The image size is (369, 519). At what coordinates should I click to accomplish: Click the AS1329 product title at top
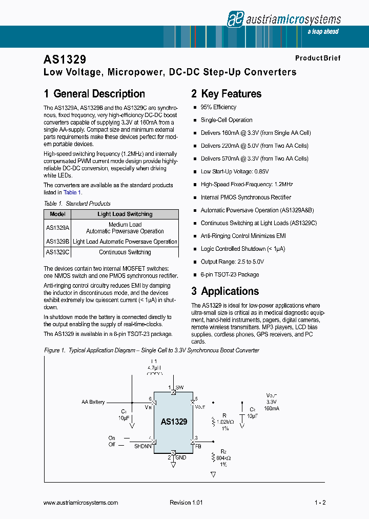point(65,59)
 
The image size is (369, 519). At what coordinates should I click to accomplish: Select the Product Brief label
point(317,58)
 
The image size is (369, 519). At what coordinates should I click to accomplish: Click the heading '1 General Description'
point(94,94)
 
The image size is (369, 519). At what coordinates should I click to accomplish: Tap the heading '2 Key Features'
point(226,94)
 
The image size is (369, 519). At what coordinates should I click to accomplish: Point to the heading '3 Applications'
point(225,291)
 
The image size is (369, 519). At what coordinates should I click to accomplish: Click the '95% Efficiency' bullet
point(218,107)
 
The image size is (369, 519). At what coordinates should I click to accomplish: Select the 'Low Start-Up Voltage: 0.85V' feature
point(234,171)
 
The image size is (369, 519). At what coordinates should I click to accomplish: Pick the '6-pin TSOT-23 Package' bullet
point(230,274)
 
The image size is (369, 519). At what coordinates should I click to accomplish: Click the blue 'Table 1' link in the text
point(72,192)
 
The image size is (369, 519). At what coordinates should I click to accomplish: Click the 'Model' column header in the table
point(58,214)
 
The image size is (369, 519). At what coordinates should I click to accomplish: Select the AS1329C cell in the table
point(58,252)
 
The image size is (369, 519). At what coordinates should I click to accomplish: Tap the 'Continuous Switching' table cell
point(125,252)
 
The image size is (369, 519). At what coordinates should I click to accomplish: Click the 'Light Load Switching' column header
point(125,214)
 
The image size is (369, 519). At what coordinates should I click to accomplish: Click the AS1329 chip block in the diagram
point(174,422)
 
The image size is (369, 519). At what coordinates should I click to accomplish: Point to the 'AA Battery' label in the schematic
point(93,402)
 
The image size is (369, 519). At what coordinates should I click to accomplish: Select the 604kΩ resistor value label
point(223,458)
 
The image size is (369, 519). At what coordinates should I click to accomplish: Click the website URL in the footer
point(81,503)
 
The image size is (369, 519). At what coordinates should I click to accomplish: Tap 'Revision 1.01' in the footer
point(186,503)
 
